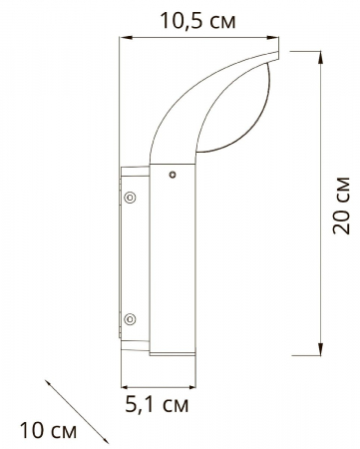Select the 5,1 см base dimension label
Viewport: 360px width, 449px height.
(158, 407)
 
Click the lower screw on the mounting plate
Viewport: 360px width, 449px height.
(129, 319)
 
